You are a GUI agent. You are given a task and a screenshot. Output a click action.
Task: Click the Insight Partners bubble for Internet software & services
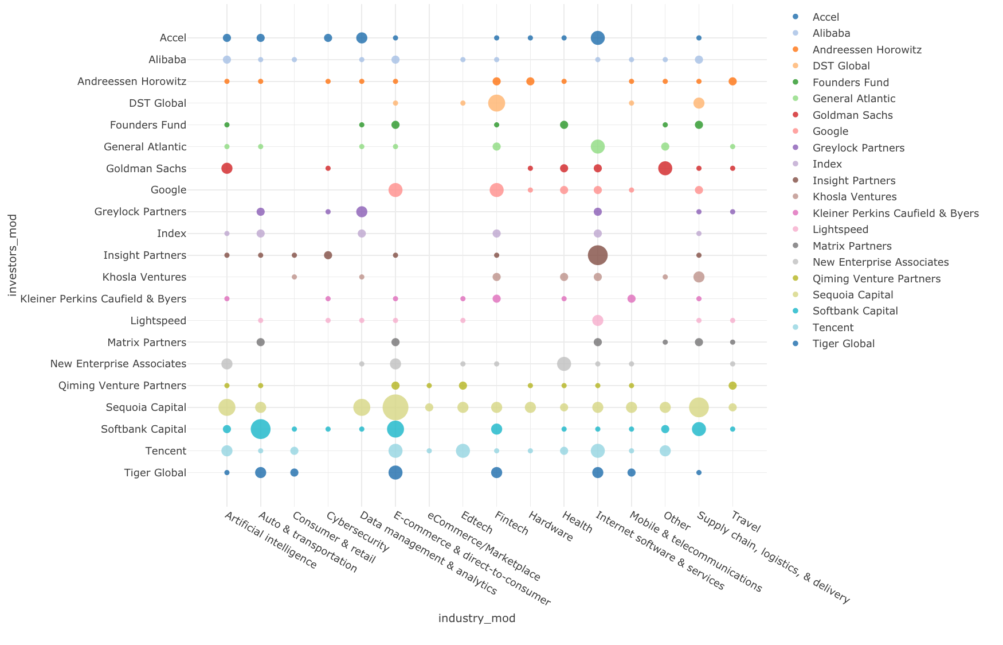click(598, 255)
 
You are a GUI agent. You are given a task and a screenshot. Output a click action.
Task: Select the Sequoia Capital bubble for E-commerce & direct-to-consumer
click(395, 407)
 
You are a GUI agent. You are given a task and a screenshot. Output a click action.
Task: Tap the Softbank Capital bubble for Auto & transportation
click(261, 429)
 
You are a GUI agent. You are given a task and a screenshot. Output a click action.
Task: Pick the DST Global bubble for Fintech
click(496, 103)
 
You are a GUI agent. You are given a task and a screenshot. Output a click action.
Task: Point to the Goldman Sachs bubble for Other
click(665, 169)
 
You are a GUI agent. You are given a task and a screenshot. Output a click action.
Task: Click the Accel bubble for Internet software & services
click(598, 38)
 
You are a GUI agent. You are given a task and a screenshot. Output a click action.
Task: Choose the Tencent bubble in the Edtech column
click(463, 451)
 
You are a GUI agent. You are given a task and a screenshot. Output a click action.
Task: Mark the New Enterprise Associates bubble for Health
click(564, 364)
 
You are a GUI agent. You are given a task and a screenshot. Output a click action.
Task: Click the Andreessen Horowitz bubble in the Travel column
click(732, 81)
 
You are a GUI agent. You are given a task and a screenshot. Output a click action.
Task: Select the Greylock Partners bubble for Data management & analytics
click(362, 212)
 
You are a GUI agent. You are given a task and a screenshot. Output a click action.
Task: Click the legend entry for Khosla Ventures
click(854, 197)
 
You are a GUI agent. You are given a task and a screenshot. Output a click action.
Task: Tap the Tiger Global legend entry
click(843, 344)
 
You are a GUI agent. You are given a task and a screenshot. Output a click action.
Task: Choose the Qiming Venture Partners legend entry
click(876, 279)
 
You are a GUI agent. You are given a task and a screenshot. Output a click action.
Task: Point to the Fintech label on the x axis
click(512, 523)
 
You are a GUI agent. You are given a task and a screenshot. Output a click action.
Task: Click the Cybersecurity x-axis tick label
click(358, 532)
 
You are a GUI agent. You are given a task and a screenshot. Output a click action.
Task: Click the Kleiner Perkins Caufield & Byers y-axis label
click(103, 299)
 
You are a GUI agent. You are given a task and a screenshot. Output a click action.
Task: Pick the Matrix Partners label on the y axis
click(147, 343)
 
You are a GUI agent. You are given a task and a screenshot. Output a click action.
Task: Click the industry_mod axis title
click(477, 618)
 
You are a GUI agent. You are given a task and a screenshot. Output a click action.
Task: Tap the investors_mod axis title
click(13, 255)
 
